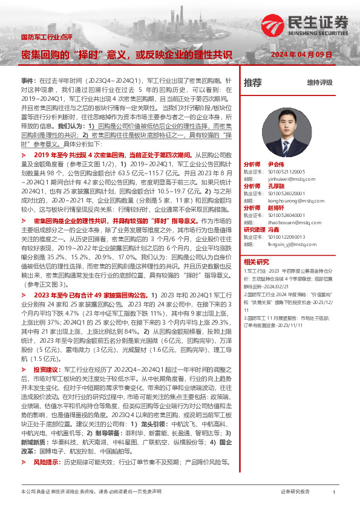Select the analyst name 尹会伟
coord(275,164)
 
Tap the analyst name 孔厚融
coord(275,187)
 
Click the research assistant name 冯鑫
coord(275,230)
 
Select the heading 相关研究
coord(256,262)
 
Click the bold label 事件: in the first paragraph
coord(28,80)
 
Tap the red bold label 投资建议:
coord(47,369)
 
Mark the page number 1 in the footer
coord(333,493)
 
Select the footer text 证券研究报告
coord(295,492)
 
